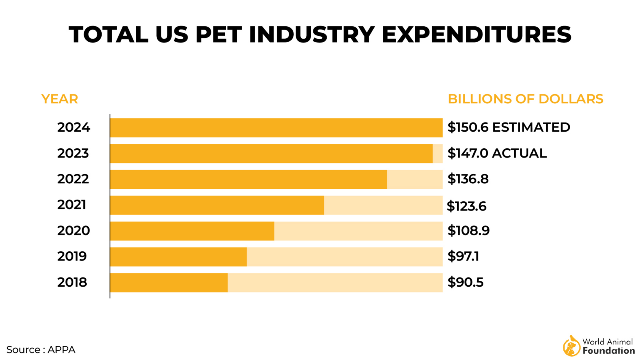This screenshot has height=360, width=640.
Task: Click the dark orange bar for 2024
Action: pyautogui.click(x=276, y=128)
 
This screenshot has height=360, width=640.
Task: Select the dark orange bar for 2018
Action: pyautogui.click(x=169, y=282)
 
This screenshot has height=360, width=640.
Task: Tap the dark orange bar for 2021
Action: pyautogui.click(x=217, y=205)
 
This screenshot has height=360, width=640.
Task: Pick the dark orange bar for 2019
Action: pyautogui.click(x=178, y=257)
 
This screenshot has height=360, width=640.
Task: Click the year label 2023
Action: pyautogui.click(x=73, y=153)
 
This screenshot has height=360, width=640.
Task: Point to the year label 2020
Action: pyautogui.click(x=73, y=231)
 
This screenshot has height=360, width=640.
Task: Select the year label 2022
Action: pyautogui.click(x=73, y=179)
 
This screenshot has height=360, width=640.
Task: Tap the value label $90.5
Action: pyautogui.click(x=465, y=282)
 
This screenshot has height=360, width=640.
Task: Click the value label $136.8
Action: pyautogui.click(x=468, y=179)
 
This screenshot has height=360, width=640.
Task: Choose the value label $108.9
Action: pyautogui.click(x=468, y=231)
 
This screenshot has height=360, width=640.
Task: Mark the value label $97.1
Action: pyautogui.click(x=463, y=257)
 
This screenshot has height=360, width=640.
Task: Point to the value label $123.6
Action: pyautogui.click(x=466, y=206)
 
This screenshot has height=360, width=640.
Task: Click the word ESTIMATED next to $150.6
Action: pyautogui.click(x=531, y=127)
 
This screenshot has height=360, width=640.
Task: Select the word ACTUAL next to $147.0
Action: pyautogui.click(x=519, y=153)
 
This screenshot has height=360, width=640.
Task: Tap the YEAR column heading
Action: pyautogui.click(x=60, y=99)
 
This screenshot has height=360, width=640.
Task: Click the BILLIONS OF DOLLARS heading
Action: pyautogui.click(x=525, y=99)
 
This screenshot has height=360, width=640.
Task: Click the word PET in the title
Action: pyautogui.click(x=218, y=35)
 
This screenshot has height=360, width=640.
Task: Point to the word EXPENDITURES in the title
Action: pyautogui.click(x=476, y=35)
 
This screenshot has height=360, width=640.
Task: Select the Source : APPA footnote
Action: pyautogui.click(x=41, y=350)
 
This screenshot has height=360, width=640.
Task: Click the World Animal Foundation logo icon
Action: pyautogui.click(x=571, y=346)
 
